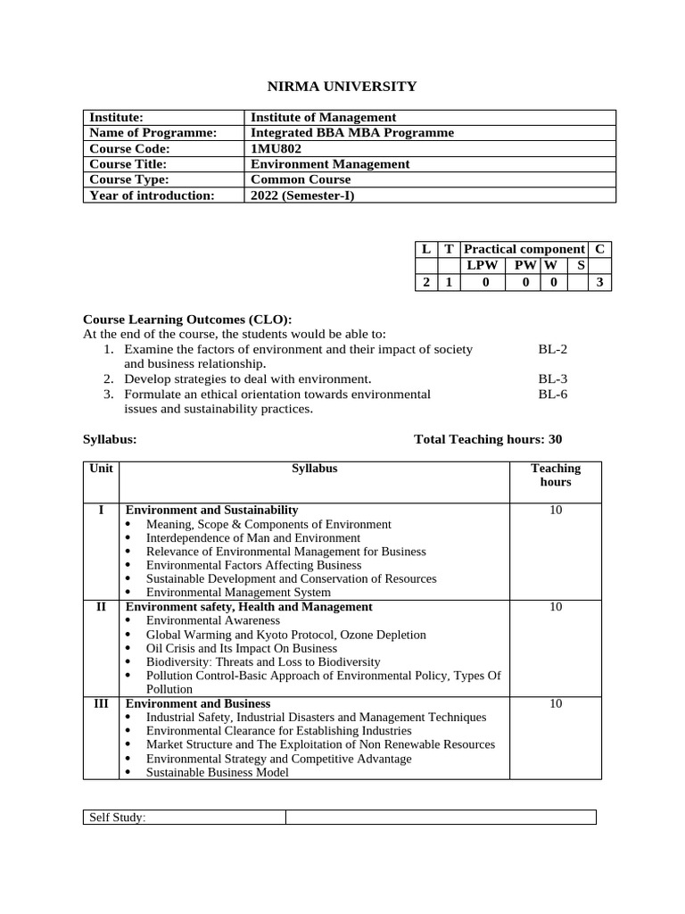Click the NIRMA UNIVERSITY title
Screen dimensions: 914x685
[x=342, y=87]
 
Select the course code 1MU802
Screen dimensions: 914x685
[x=277, y=149]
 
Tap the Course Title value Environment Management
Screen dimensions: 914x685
[x=330, y=164]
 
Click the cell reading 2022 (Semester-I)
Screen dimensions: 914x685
[x=302, y=195]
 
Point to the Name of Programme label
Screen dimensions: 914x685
[x=153, y=133]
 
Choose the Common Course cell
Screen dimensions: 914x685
[x=301, y=179]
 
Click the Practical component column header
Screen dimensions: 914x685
[x=524, y=250]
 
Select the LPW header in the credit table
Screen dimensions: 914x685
[x=483, y=266]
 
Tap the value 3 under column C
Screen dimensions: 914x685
[x=600, y=283]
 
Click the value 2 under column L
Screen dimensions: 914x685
[x=426, y=283]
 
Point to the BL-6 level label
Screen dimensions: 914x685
[x=553, y=395]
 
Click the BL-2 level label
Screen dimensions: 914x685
[x=553, y=350]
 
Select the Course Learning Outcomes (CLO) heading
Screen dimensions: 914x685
[x=187, y=320]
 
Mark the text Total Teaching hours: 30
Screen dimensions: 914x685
[x=488, y=439]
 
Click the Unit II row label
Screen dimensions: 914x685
[x=101, y=607]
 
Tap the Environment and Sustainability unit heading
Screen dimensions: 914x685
[x=211, y=510]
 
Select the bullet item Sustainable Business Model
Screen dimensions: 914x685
[x=217, y=772]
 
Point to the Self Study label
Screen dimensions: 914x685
[x=117, y=818]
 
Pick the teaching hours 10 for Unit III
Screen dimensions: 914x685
[x=555, y=704]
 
